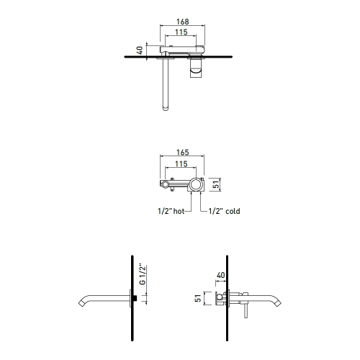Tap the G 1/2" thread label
(x=143, y=276)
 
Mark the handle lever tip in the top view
(x=165, y=109)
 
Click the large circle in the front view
(x=195, y=185)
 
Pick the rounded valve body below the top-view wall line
(x=197, y=68)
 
